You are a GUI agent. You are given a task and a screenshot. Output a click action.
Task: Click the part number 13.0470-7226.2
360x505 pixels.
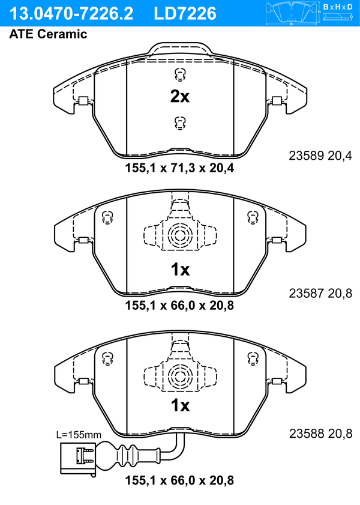pyautogui.click(x=71, y=14)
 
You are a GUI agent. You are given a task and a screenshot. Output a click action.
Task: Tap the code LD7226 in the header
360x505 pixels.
pyautogui.click(x=185, y=14)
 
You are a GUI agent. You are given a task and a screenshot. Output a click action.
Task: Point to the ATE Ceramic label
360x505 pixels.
pyautogui.click(x=48, y=34)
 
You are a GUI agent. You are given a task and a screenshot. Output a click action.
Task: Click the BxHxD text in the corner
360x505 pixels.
pyautogui.click(x=338, y=7)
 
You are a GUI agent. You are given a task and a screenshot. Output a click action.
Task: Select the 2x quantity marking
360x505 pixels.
pyautogui.click(x=180, y=96)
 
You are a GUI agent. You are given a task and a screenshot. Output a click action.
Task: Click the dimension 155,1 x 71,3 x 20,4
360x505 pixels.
pyautogui.click(x=179, y=168)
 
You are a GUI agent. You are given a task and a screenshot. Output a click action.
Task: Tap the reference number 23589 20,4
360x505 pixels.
pyautogui.click(x=320, y=156)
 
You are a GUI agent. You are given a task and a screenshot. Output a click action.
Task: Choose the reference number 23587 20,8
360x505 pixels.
pyautogui.click(x=320, y=293)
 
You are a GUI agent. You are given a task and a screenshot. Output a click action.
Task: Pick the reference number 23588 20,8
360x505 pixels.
pyautogui.click(x=320, y=434)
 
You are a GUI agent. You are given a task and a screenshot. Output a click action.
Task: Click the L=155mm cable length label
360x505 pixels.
pyautogui.click(x=79, y=435)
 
